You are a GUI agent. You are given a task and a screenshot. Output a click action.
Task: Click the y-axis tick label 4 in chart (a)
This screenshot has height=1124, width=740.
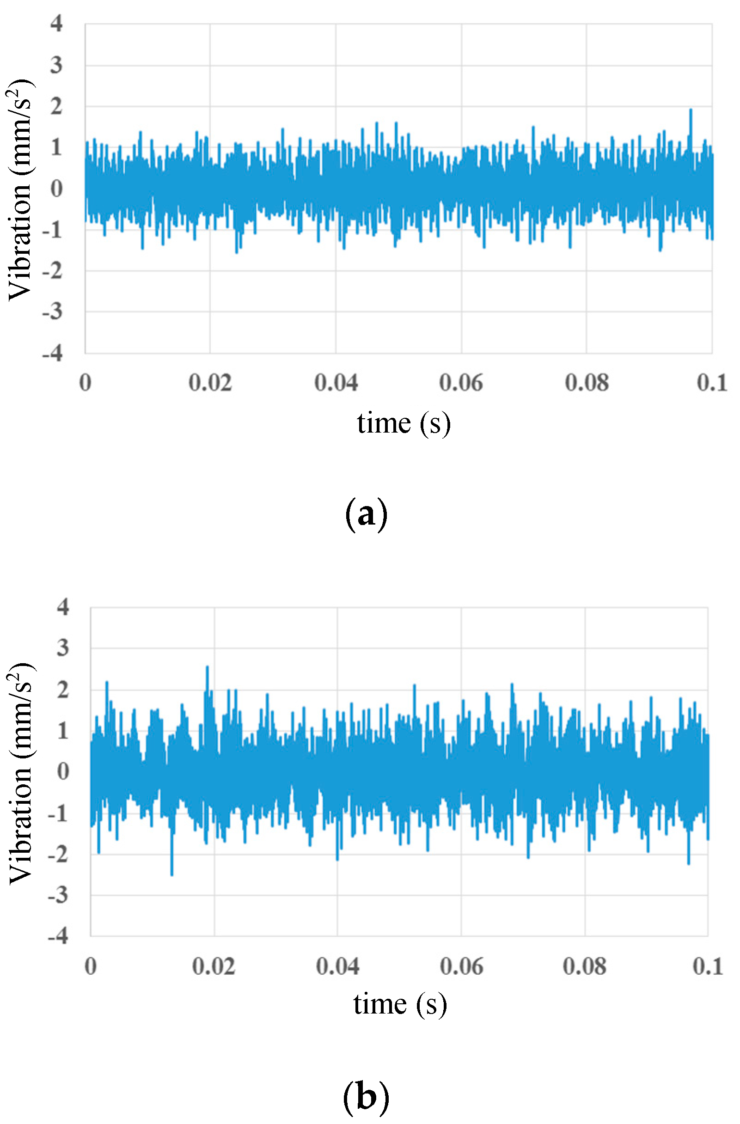point(56,23)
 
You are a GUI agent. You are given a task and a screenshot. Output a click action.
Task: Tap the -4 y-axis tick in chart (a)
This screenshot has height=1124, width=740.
point(53,353)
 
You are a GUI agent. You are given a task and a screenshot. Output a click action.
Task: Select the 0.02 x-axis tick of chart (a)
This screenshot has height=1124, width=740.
point(210,383)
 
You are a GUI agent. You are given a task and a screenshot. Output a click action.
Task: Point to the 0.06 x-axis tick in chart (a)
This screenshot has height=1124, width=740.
point(461,383)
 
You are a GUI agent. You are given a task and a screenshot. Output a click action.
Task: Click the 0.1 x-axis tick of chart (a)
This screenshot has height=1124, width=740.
point(712,383)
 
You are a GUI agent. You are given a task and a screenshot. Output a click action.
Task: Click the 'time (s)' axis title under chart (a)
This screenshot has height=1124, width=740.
point(404,423)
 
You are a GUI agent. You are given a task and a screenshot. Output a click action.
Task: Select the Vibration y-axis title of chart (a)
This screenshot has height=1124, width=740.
point(21,189)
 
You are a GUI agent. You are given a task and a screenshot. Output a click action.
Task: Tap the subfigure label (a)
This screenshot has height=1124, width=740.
point(367,514)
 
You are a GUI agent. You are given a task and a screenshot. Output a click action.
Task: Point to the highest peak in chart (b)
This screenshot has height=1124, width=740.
point(207,667)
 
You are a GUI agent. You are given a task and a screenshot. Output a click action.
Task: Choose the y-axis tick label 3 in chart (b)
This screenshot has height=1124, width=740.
point(63,648)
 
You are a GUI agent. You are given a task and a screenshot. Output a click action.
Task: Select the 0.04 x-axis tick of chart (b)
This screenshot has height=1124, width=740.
point(337,966)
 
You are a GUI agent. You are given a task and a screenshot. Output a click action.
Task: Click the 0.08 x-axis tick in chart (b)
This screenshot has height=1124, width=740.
point(585,966)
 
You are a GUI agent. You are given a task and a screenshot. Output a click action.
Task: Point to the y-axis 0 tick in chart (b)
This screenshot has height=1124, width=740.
point(63,771)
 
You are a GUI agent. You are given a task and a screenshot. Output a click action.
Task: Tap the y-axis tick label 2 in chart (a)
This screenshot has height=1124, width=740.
point(56,106)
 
